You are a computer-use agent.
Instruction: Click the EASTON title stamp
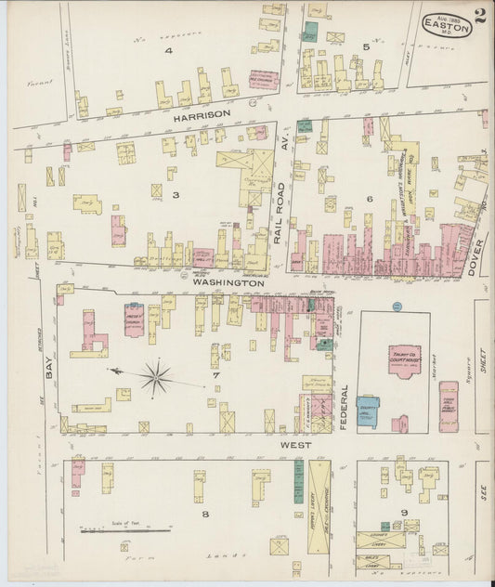[447, 25]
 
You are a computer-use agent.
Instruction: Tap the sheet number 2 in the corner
[479, 16]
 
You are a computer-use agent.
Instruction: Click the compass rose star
[155, 378]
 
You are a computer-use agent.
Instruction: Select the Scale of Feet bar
[112, 531]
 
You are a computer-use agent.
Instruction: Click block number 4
[169, 51]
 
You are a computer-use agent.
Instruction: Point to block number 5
[366, 46]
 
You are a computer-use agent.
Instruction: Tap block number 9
[404, 512]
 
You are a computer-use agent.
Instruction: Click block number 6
[370, 198]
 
